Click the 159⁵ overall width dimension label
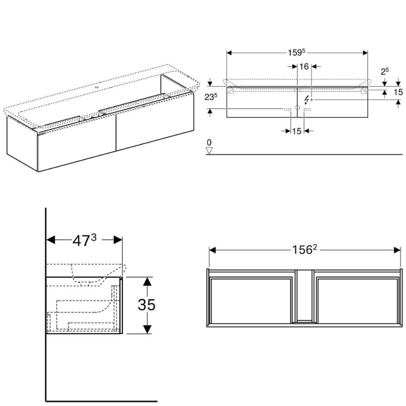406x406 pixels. pos(297,52)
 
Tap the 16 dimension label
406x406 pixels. pos(304,67)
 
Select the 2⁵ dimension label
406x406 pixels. pos(385,71)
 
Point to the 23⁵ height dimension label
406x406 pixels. pos(211,97)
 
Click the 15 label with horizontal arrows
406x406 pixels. pos(297,131)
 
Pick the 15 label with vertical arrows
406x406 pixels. pos(398,92)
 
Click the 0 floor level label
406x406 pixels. pos(209,142)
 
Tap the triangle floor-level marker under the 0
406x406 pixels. pos(209,151)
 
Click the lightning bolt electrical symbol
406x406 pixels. pos(306,100)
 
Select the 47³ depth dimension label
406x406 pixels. pos(84,240)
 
